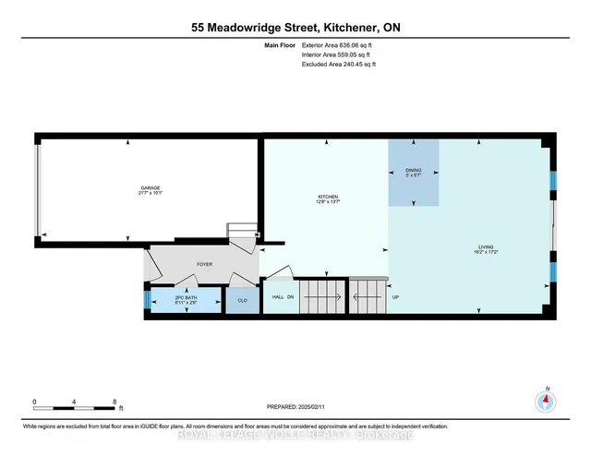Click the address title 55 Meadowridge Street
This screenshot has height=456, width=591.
click(x=295, y=28)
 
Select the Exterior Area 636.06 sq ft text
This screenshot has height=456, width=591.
click(x=339, y=44)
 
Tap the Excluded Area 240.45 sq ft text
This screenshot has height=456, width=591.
click(x=339, y=65)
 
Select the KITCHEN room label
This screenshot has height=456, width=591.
click(x=328, y=198)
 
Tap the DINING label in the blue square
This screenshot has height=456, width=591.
click(x=413, y=171)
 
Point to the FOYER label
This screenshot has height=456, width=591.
click(x=204, y=264)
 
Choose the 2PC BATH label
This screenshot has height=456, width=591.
click(x=187, y=297)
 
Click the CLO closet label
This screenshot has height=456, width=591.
click(x=243, y=300)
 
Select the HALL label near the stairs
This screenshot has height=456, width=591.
click(x=276, y=297)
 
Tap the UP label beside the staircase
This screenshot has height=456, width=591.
click(x=396, y=297)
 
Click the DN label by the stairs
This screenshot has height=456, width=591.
click(x=290, y=297)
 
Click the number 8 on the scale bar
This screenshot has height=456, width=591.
click(x=114, y=402)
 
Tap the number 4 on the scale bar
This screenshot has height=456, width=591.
click(x=74, y=402)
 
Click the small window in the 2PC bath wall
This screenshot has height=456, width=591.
click(x=145, y=299)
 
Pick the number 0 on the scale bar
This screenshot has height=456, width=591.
click(x=34, y=402)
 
